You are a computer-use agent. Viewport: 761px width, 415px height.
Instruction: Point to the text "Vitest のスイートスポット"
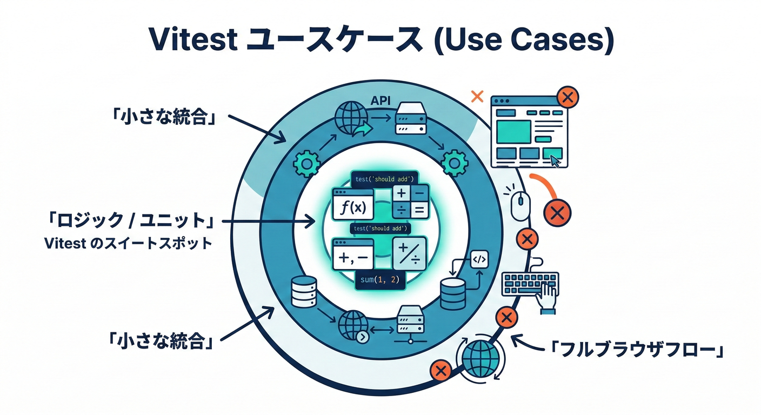129,243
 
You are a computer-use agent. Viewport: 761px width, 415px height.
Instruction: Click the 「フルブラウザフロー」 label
636,349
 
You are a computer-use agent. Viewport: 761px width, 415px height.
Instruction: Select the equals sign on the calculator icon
419,210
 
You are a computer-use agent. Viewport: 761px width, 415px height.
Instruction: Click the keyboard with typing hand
531,286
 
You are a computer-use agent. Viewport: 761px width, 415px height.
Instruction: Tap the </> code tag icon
479,260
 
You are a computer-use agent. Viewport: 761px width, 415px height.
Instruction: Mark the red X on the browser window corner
567,98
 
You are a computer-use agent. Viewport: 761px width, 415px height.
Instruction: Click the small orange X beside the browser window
477,97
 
